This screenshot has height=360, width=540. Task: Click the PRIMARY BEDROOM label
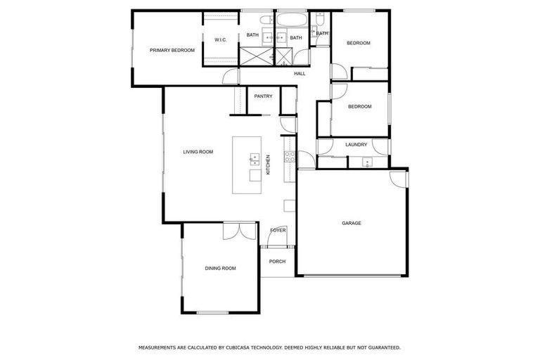[172, 50]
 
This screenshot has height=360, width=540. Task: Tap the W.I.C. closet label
[221, 40]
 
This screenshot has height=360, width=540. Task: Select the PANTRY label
[263, 96]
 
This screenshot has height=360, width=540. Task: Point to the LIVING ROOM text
[198, 152]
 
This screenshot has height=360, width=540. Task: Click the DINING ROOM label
[220, 269]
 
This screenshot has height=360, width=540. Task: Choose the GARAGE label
[351, 224]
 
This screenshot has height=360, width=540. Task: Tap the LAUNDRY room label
[356, 146]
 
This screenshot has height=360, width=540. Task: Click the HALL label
[300, 74]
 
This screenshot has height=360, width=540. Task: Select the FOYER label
[278, 231]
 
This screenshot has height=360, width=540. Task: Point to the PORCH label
[278, 262]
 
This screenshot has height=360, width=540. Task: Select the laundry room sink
[366, 163]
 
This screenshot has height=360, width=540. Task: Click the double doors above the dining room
[240, 231]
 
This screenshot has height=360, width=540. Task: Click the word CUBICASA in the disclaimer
[252, 347]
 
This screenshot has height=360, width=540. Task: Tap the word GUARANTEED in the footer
[380, 347]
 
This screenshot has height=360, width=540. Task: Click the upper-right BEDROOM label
[359, 44]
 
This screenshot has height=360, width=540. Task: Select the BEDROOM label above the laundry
[359, 107]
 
